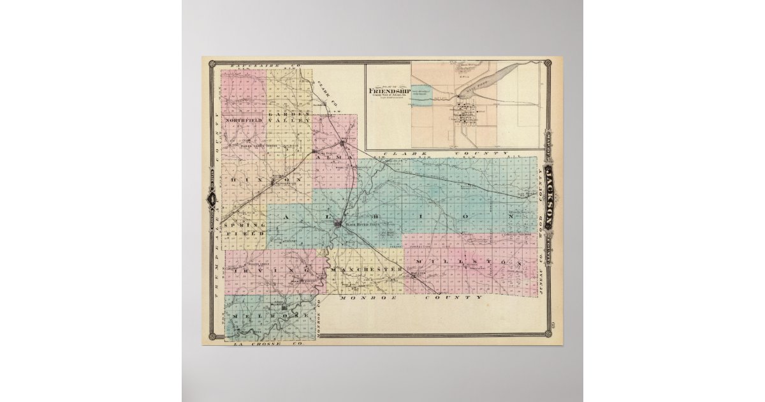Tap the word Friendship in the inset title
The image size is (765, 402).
click(387, 90)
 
